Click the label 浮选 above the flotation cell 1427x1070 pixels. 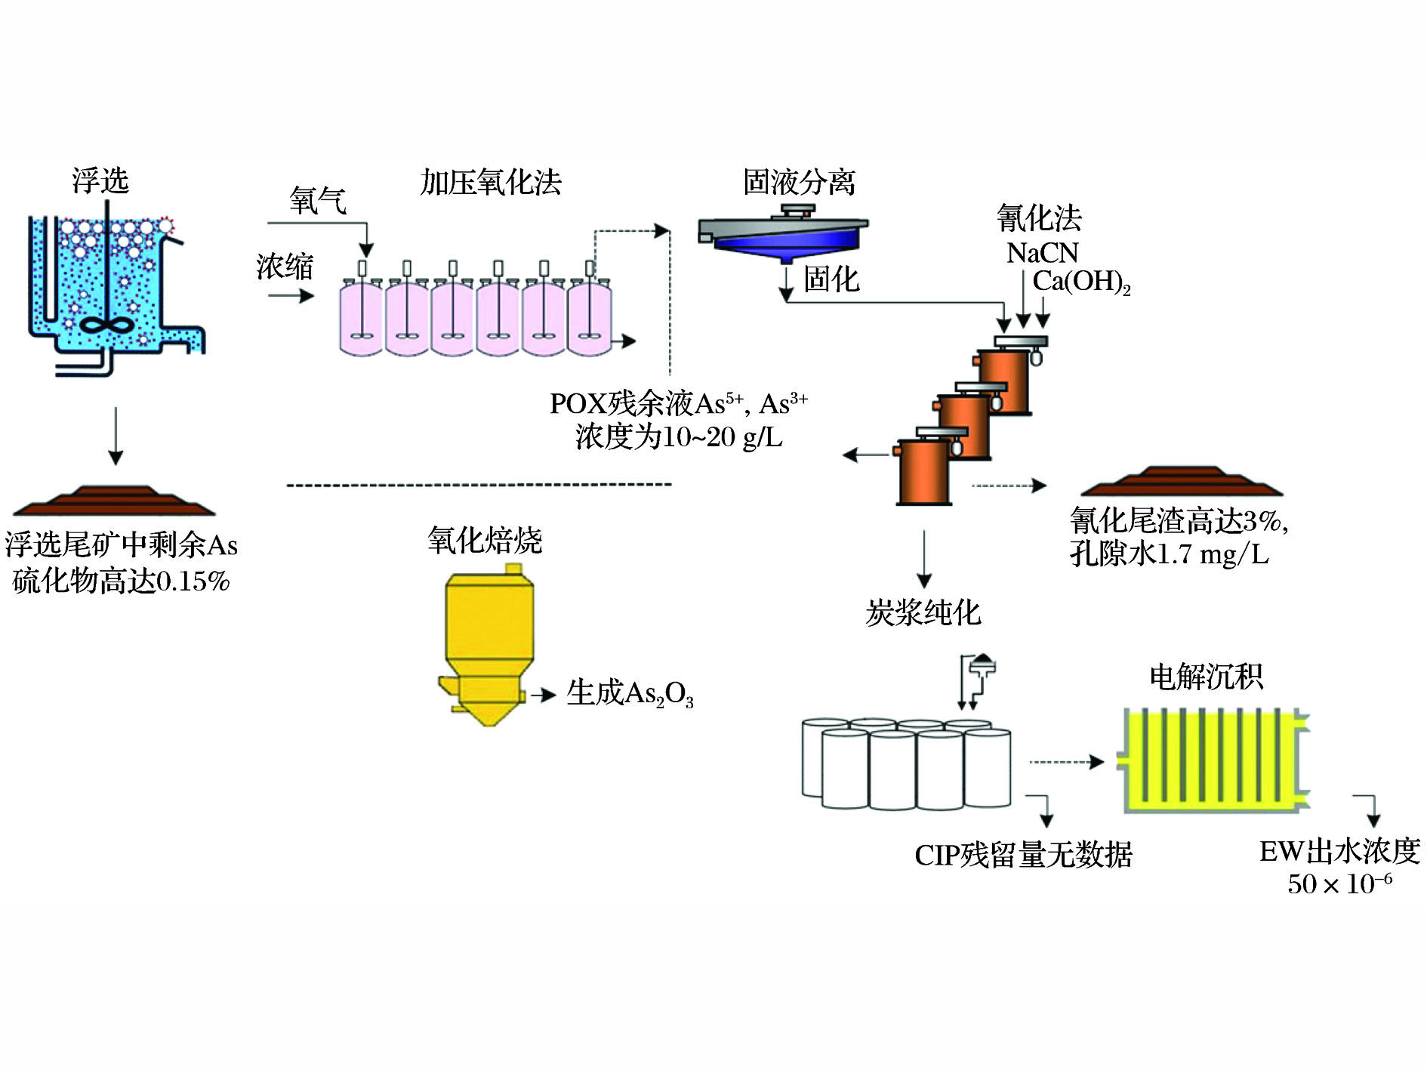pyautogui.click(x=100, y=181)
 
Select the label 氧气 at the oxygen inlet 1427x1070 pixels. pyautogui.click(x=318, y=201)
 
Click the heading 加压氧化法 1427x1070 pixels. pyautogui.click(x=491, y=182)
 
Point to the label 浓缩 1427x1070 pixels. pyautogui.click(x=285, y=267)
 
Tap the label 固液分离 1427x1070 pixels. pyautogui.click(x=799, y=182)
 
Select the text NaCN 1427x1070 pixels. pyautogui.click(x=1042, y=253)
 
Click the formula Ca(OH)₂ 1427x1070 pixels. pyautogui.click(x=1081, y=282)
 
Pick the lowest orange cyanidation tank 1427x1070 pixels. pyautogui.click(x=923, y=473)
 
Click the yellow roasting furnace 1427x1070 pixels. pyautogui.click(x=489, y=642)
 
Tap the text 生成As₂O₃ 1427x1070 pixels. pyautogui.click(x=630, y=693)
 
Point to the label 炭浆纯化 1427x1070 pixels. pyautogui.click(x=923, y=612)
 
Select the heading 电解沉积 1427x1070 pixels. pyautogui.click(x=1206, y=677)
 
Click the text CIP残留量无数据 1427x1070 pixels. pyautogui.click(x=1023, y=855)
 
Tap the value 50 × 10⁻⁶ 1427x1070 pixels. pyautogui.click(x=1339, y=883)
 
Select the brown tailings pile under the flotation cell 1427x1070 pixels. pyautogui.click(x=115, y=500)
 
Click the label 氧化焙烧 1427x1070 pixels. pyautogui.click(x=485, y=541)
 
